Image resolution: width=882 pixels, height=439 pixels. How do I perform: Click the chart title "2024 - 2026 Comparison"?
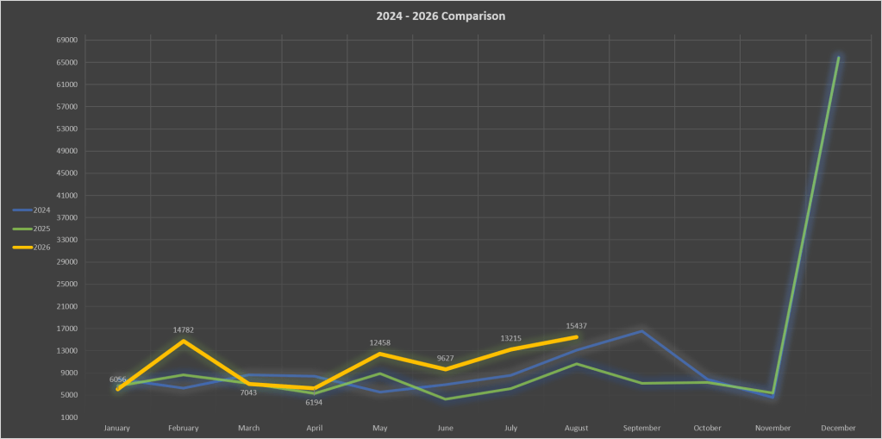coord(441,16)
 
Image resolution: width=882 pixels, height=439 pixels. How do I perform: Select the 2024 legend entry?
coord(32,210)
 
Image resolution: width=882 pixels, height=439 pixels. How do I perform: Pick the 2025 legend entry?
coord(32,229)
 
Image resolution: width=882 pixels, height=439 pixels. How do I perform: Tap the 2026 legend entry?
coord(32,247)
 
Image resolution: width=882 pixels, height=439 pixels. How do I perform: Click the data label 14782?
coord(184,329)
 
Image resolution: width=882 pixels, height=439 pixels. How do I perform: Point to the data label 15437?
coord(577,326)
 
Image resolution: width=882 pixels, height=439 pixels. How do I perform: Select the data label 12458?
coord(379,342)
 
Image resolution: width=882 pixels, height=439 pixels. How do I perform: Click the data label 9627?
coord(445,358)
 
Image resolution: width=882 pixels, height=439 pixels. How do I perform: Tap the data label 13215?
coord(510,338)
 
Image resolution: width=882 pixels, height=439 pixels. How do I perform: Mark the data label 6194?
coord(314,403)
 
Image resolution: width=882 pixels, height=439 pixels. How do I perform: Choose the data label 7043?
coord(248,392)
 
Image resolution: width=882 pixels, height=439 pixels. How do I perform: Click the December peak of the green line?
coord(838,58)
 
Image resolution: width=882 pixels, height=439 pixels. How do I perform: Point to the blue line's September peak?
coord(641,331)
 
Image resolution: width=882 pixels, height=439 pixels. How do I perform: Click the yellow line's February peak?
coord(184,341)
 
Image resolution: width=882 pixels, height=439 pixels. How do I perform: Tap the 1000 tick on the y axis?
coord(70,417)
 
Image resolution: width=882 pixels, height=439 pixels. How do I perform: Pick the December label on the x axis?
coord(838,429)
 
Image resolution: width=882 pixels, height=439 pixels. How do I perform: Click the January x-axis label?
coord(117,429)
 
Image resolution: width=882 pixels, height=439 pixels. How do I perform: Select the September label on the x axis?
coord(641,429)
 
